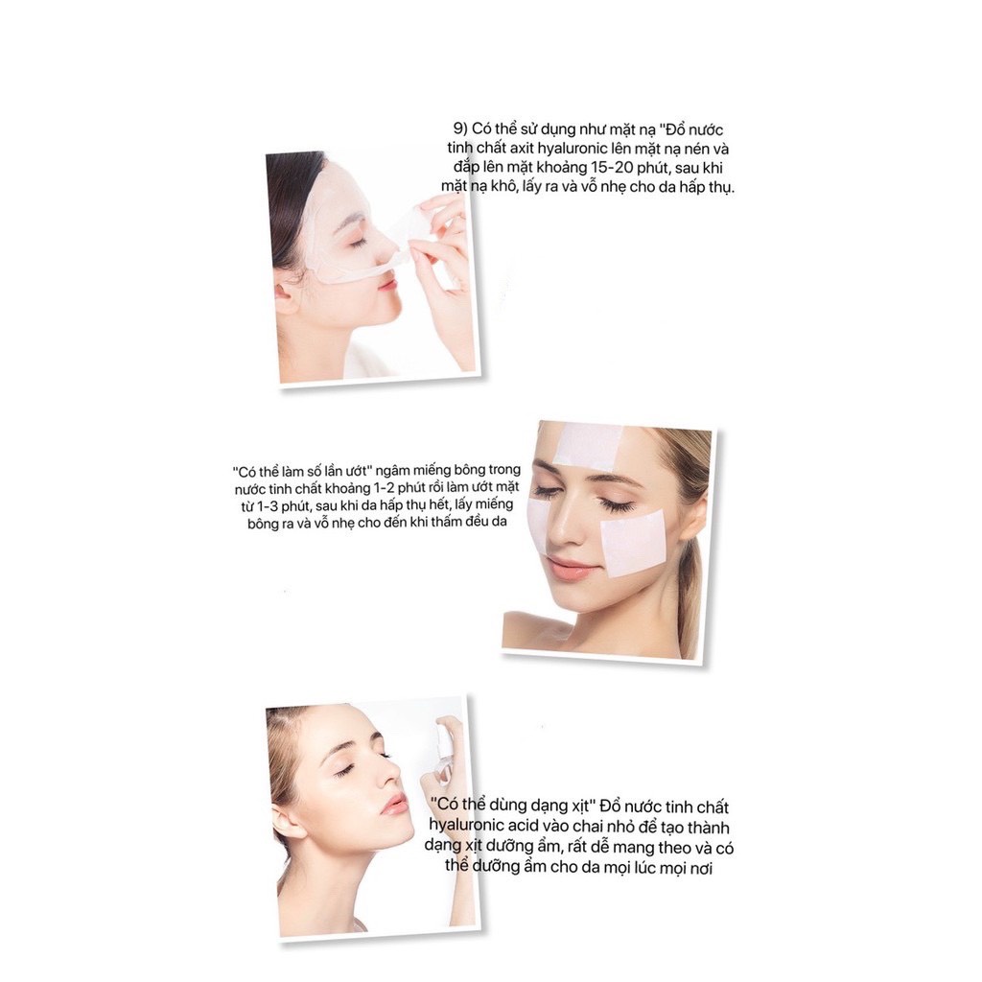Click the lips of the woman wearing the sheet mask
pyautogui.click(x=387, y=282)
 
